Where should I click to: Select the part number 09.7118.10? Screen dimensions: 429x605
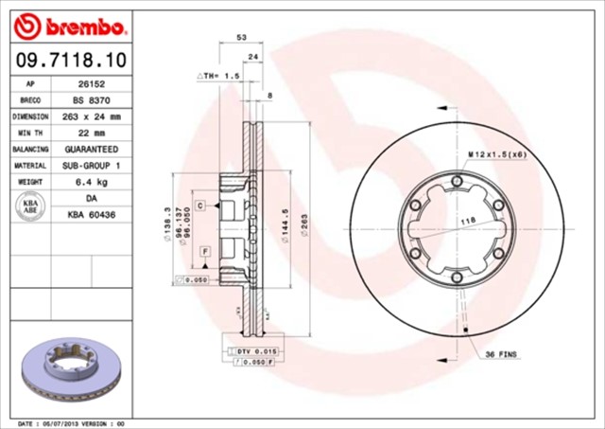68,60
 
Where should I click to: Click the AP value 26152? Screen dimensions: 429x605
91,83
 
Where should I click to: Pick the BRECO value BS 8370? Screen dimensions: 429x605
91,99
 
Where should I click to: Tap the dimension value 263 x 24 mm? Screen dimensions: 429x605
91,116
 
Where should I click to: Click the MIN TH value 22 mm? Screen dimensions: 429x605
91,133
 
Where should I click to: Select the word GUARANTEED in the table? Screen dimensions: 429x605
91,150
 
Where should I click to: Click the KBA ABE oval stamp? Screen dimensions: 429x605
29,207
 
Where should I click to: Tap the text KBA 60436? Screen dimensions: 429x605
91,216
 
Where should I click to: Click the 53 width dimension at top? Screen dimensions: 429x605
242,38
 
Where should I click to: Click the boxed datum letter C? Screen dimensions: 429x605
201,204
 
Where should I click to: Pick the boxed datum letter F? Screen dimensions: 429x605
204,250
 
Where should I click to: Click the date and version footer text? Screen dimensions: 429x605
71,423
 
